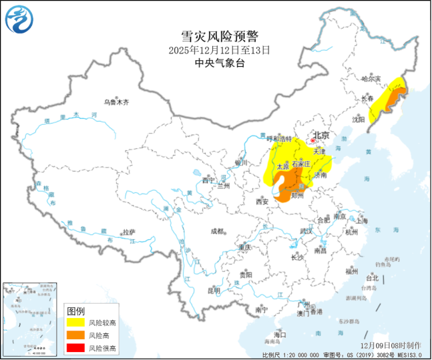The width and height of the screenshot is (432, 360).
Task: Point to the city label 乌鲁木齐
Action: click(116, 102)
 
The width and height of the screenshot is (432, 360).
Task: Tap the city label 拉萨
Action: click(128, 232)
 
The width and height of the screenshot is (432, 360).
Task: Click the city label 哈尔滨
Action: click(369, 79)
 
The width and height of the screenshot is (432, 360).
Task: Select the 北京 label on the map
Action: click(321, 136)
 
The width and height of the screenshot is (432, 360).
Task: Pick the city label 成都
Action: click(217, 231)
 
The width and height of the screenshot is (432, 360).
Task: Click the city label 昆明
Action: click(214, 291)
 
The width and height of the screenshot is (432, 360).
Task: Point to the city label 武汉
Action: click(307, 231)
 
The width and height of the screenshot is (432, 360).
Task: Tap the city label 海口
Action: click(280, 335)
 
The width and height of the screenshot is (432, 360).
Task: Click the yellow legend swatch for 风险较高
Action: click(75, 323)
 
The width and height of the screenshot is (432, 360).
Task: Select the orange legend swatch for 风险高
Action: click(75, 335)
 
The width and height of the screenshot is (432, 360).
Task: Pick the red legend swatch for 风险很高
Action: click(75, 348)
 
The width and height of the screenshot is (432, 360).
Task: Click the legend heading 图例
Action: click(75, 311)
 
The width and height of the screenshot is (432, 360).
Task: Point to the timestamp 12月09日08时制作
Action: click(391, 345)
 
